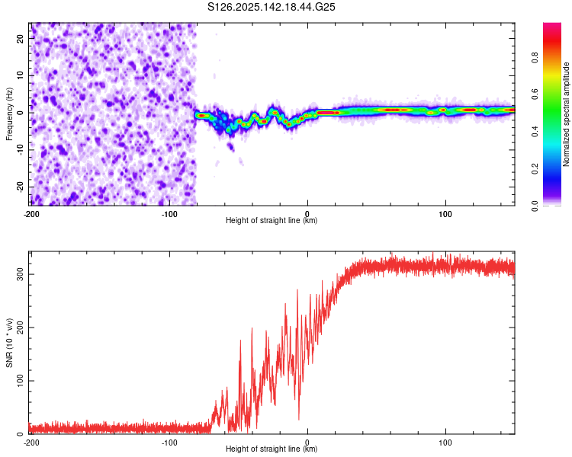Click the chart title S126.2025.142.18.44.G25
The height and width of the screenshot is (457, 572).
pos(271,7)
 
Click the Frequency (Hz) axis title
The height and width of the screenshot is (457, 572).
pos(9,114)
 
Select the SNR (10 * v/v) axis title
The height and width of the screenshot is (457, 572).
pos(9,343)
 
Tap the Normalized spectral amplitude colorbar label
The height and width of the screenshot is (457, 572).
pos(566,114)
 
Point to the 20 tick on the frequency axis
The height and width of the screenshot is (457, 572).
pos(21,38)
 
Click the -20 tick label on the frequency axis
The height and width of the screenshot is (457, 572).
pos(21,187)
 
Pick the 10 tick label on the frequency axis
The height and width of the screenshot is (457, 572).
pos(21,75)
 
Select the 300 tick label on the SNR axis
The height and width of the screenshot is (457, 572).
pos(21,274)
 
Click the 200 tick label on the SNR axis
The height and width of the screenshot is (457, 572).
pos(21,328)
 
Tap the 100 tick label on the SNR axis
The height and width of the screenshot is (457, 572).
pos(21,381)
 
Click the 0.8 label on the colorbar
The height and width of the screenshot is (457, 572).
pos(535,58)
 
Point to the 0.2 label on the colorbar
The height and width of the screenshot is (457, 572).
pos(535,169)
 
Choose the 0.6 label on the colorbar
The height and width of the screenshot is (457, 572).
pos(535,94)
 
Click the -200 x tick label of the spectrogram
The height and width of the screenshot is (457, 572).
pos(31,214)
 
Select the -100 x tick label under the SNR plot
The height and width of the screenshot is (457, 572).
pos(169,443)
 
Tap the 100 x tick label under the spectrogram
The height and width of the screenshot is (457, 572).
pos(445,214)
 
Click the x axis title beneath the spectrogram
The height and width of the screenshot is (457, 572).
pos(272,220)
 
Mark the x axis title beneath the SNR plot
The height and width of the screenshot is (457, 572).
pos(272,449)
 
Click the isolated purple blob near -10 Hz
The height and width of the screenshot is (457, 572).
pos(230,147)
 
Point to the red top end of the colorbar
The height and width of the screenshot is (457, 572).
pos(552,25)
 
